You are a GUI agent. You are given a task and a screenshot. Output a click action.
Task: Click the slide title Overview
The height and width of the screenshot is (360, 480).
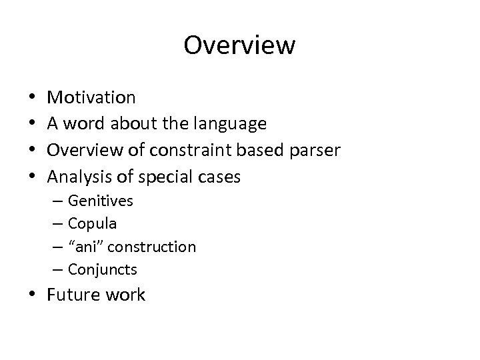(239, 45)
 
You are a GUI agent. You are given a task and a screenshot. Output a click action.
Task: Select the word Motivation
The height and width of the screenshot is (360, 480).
(91, 98)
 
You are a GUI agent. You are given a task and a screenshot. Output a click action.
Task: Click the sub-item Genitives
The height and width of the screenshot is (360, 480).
(101, 201)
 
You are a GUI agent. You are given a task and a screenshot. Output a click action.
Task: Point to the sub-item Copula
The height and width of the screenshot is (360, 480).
(93, 223)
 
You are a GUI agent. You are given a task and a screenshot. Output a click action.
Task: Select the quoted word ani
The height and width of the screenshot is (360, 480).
(87, 247)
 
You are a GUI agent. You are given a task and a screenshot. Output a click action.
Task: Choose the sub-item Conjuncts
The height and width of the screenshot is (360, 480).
(103, 270)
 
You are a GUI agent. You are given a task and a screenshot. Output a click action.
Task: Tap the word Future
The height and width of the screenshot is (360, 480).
(73, 295)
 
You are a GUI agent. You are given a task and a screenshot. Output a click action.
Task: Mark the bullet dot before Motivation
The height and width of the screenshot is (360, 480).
(33, 98)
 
